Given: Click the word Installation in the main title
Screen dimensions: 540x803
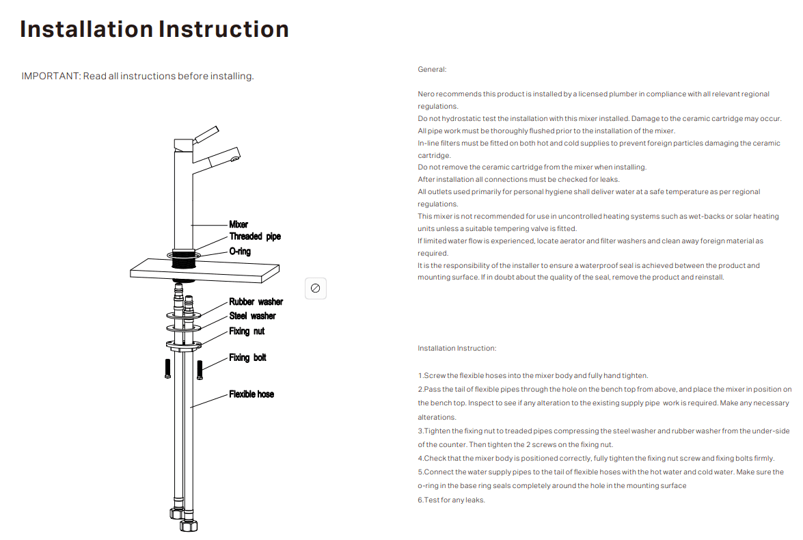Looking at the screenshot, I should pos(87,29).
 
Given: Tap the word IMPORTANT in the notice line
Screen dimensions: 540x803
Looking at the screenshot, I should pos(51,76).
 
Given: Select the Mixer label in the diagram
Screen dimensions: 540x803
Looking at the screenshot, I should pos(239,224).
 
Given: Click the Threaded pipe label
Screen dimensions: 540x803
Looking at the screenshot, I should pos(255,237).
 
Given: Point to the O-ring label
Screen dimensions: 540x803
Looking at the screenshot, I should pos(240,252).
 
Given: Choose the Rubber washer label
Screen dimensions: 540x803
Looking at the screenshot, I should pos(256,301).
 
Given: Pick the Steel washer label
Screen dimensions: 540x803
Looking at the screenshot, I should pos(252,316).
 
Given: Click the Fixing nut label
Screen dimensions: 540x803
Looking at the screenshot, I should pos(247,331).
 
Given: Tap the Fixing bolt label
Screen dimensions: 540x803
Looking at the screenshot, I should pos(247,357).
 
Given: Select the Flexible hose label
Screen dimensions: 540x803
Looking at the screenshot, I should pos(251,394).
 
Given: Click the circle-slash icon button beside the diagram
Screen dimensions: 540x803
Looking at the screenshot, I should pos(315,288).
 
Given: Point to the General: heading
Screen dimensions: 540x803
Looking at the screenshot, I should pos(432,70).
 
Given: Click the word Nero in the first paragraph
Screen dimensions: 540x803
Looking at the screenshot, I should pos(426,94).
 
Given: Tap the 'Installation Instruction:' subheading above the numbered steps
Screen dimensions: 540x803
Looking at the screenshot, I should pos(457,349).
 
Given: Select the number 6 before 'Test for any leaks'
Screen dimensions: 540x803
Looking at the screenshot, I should pos(420,500).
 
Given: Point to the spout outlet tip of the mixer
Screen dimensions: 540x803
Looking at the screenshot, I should pos(234,159).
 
